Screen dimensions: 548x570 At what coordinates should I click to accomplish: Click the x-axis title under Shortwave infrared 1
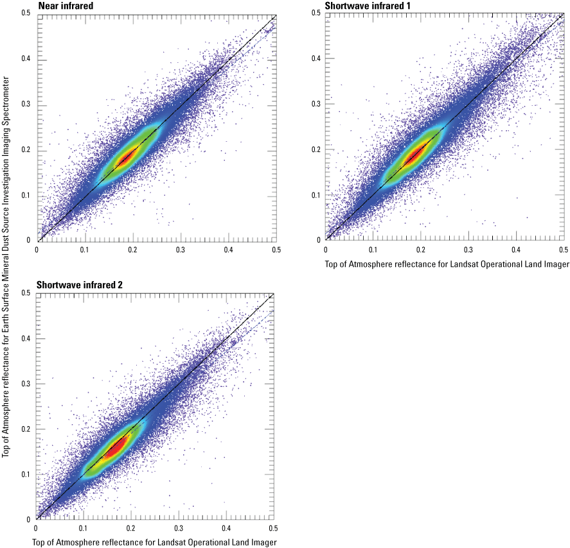click(x=447, y=264)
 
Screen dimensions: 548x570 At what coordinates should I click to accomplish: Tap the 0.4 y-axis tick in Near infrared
click(x=27, y=60)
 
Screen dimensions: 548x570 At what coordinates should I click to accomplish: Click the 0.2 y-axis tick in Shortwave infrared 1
click(x=317, y=150)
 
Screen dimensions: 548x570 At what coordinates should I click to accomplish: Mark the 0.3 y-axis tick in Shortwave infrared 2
click(x=27, y=383)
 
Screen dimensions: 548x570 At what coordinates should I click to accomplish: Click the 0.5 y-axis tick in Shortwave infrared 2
click(x=27, y=293)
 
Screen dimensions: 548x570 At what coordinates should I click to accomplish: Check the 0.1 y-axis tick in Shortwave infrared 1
click(x=317, y=195)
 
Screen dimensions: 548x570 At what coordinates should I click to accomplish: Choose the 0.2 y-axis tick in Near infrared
click(x=27, y=150)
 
